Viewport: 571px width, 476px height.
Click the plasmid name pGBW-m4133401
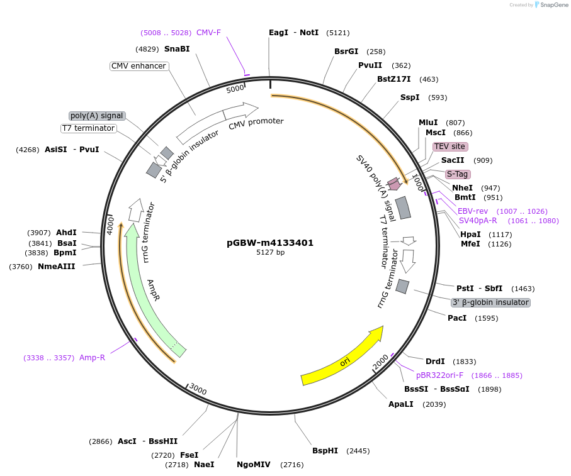(270, 243)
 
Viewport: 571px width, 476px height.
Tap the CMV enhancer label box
(139, 66)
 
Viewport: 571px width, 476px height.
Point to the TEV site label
(449, 147)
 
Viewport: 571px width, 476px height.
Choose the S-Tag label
(458, 174)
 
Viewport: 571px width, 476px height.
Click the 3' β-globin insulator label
(490, 302)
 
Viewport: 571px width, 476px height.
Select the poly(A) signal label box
(97, 116)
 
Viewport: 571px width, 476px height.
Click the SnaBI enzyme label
(177, 49)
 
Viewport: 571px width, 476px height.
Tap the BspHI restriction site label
(325, 451)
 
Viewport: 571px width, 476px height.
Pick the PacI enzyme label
(457, 318)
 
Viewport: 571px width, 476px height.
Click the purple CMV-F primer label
(208, 33)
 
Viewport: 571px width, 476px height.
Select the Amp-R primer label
(92, 358)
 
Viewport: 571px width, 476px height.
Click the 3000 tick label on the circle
(198, 390)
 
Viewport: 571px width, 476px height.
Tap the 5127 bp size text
(270, 253)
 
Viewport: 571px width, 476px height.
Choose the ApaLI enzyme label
(401, 404)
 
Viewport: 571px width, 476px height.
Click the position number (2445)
(358, 451)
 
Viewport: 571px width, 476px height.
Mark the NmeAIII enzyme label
(57, 267)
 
